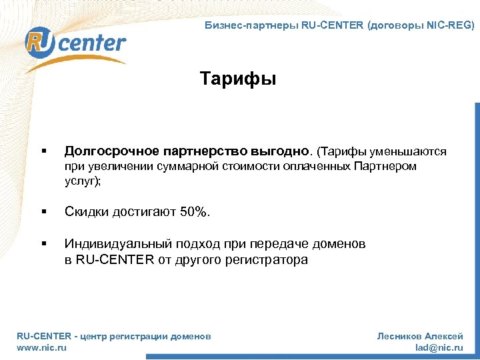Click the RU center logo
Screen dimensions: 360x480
[x=75, y=44]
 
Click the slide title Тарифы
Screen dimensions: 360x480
[x=238, y=79]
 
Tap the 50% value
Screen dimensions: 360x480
[x=193, y=212]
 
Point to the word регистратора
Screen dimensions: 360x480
[x=269, y=259]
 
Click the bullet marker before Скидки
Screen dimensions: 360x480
[x=44, y=212]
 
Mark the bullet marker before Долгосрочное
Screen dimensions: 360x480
[x=44, y=152]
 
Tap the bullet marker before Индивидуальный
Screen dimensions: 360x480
[x=44, y=245]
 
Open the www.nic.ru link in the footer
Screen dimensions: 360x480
[x=41, y=347]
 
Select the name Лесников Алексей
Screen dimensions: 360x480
[x=420, y=336]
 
